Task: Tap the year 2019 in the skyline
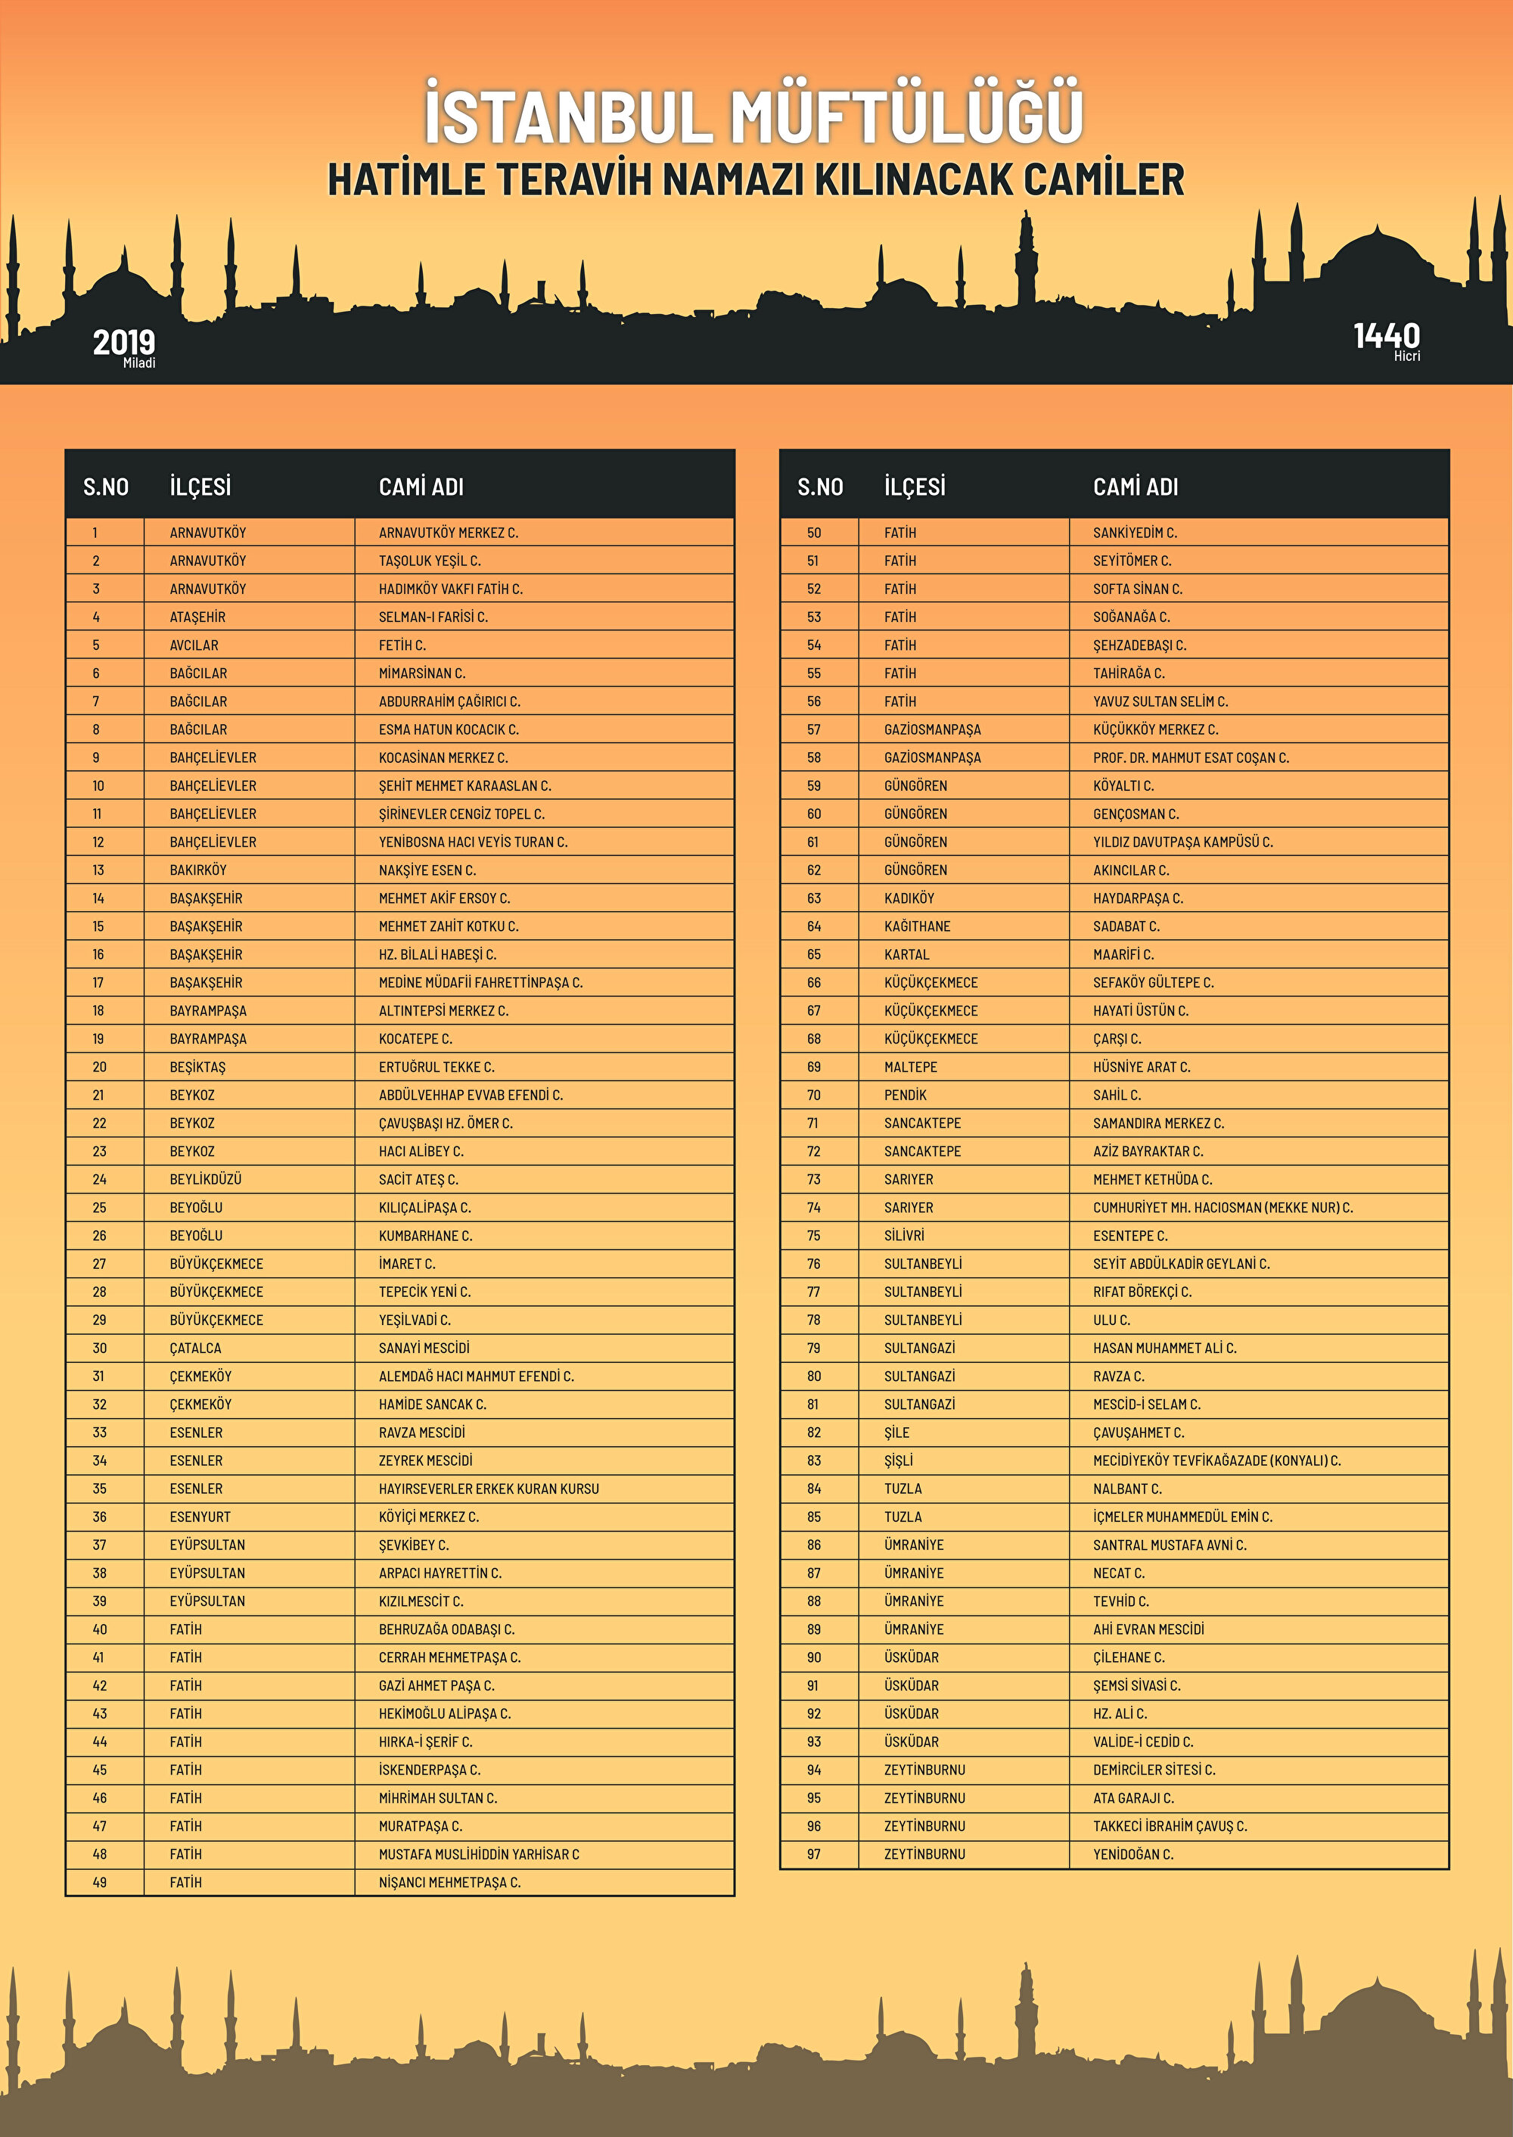pos(124,343)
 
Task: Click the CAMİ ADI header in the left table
pos(421,487)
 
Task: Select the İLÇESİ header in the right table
pos(914,487)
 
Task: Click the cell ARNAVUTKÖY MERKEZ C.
pos(448,533)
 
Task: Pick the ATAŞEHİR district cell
pos(197,617)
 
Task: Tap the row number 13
pos(98,870)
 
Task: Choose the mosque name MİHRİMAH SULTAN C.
pos(438,1798)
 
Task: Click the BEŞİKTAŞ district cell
pos(197,1067)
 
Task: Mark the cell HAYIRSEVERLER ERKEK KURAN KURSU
pos(488,1488)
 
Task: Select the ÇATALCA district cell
pos(196,1348)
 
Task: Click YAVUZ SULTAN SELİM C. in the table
pos(1160,701)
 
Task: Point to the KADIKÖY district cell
pos(909,898)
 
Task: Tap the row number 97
pos(813,1854)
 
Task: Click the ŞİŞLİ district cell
pos(898,1460)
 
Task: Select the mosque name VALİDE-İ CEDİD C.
pos(1142,1742)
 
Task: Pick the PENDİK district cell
pos(905,1095)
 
